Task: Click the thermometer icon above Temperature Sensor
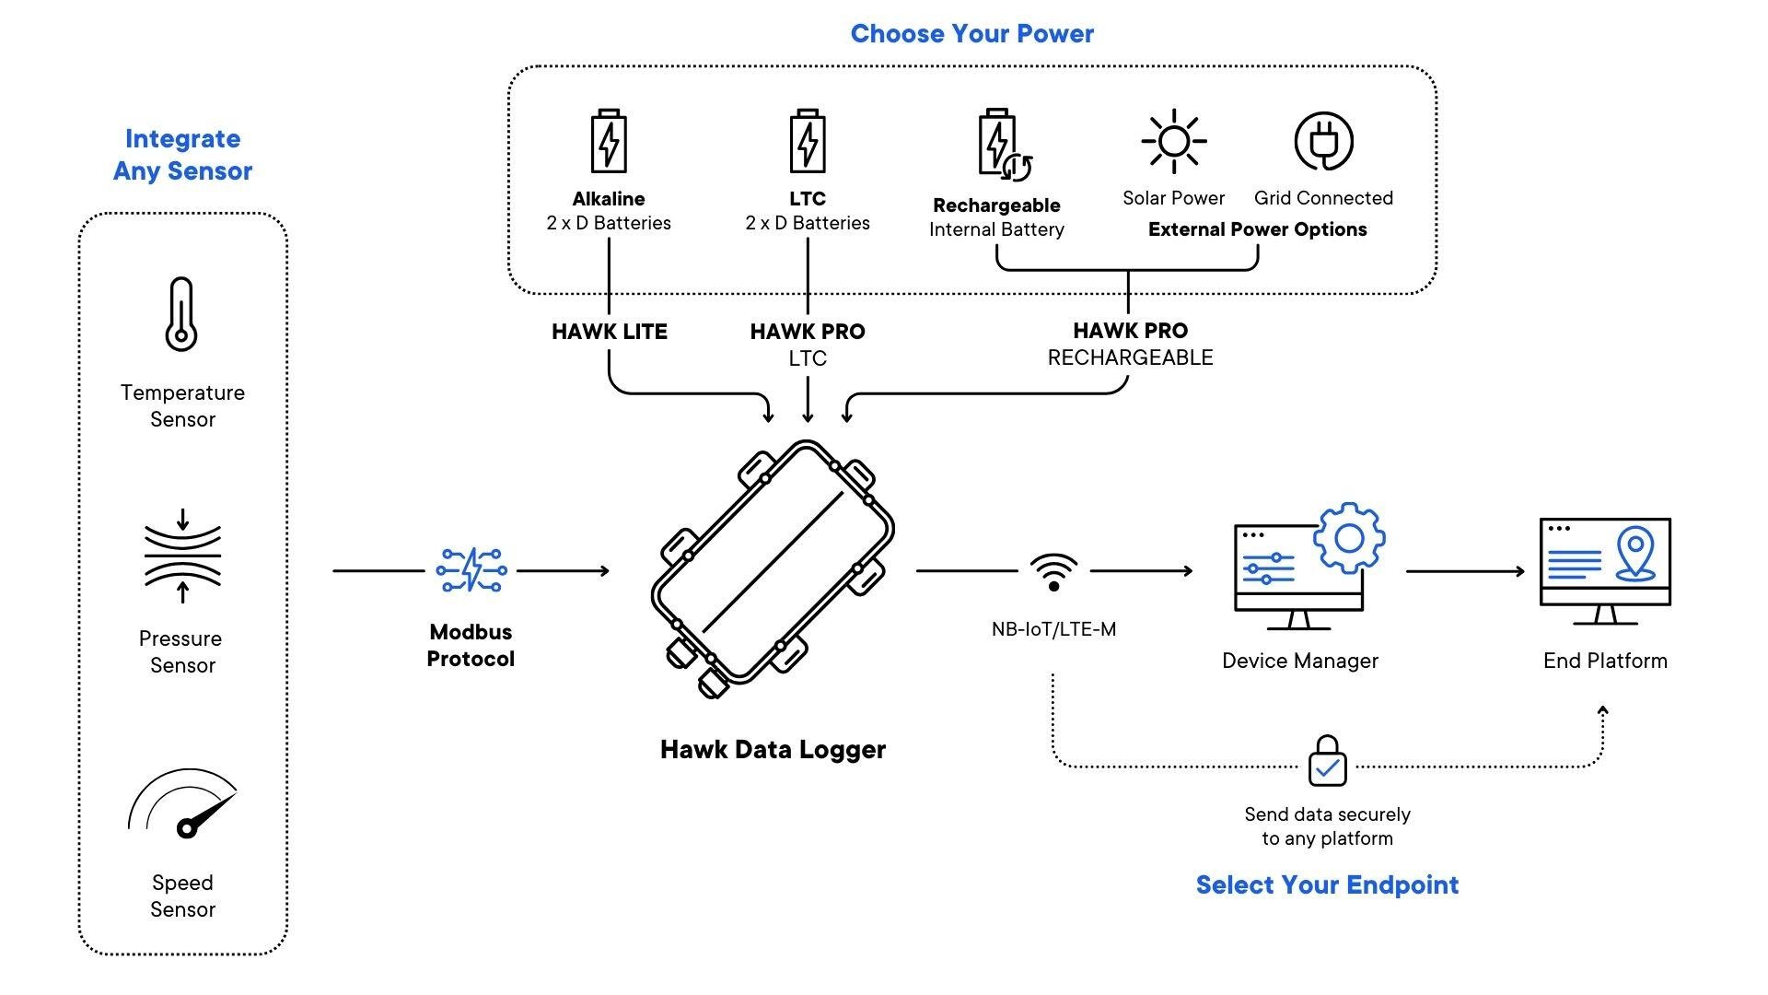(181, 314)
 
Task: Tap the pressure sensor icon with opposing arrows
(182, 556)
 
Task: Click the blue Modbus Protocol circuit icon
(471, 570)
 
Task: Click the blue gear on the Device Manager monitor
(1349, 538)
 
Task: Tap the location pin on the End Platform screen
(1635, 553)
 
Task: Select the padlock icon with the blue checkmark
(1327, 762)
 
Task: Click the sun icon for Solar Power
(1173, 141)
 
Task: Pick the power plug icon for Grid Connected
(1323, 142)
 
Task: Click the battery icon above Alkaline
(609, 141)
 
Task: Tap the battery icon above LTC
(808, 141)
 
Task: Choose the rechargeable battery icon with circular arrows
(1002, 145)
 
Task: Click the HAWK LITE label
(609, 332)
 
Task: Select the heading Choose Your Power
(971, 34)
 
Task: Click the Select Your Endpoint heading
(1327, 885)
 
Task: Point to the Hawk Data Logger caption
(773, 750)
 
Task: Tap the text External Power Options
(1257, 229)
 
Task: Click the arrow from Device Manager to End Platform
(1464, 571)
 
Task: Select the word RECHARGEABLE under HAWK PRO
(1130, 357)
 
